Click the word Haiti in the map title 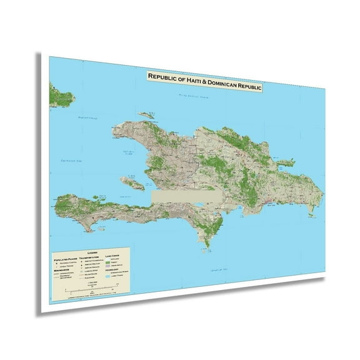click(189, 79)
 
